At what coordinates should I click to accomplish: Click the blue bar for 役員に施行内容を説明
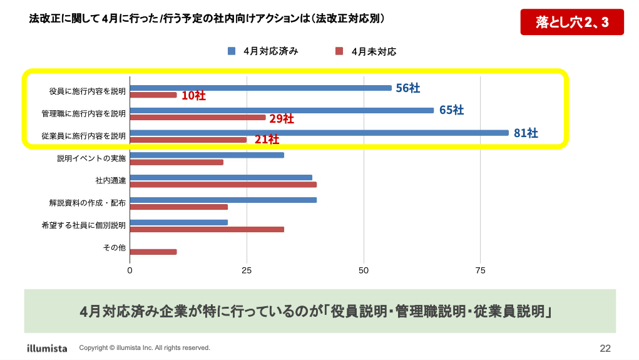[260, 88]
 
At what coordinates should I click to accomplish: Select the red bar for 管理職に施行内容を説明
[198, 117]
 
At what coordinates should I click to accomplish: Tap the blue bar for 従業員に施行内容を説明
[319, 133]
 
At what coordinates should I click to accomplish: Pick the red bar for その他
[153, 252]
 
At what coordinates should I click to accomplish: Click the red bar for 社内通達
[223, 185]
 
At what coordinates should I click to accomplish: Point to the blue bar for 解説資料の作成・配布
[223, 200]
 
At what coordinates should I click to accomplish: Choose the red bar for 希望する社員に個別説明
[207, 229]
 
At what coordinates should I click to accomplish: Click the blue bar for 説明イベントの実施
[207, 155]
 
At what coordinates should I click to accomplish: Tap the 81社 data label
[526, 133]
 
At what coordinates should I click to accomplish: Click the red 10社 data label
[193, 96]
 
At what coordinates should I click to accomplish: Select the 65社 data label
[451, 110]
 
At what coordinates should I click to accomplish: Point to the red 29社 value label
[282, 118]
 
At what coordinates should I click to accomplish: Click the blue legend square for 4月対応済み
[231, 51]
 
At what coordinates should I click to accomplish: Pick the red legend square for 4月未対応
[339, 51]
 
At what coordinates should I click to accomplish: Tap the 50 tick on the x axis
[364, 270]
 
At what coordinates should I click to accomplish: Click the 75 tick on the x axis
[480, 270]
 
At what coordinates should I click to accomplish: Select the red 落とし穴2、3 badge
[572, 23]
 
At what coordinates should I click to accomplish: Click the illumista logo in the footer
[47, 347]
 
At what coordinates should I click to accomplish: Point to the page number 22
[605, 348]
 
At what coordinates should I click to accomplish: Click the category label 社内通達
[111, 180]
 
